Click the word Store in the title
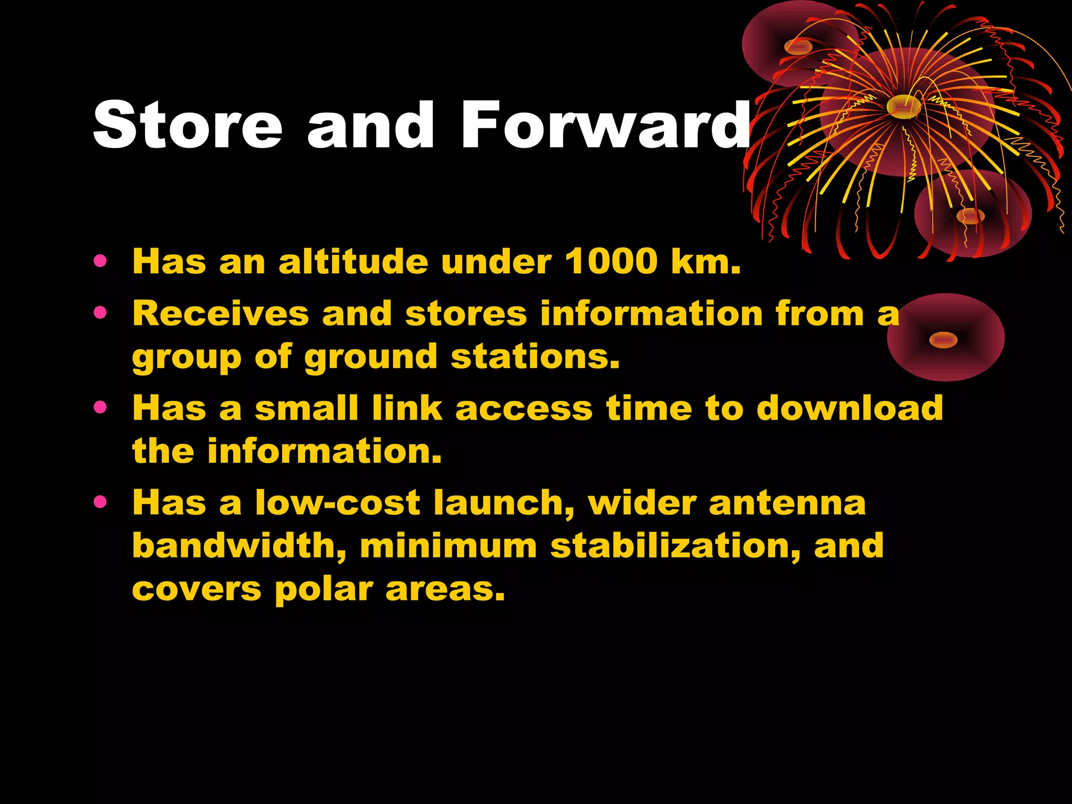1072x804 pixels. (187, 126)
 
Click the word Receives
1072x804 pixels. (220, 314)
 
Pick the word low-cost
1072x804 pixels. (338, 502)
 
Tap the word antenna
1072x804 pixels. (787, 502)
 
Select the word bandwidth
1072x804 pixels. (239, 545)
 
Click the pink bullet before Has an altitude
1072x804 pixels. (100, 260)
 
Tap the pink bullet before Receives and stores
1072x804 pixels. (100, 312)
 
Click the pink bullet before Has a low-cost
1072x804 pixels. (100, 502)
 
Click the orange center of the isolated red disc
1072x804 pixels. (943, 340)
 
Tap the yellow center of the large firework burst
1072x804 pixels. (903, 107)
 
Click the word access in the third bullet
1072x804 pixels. (523, 408)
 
